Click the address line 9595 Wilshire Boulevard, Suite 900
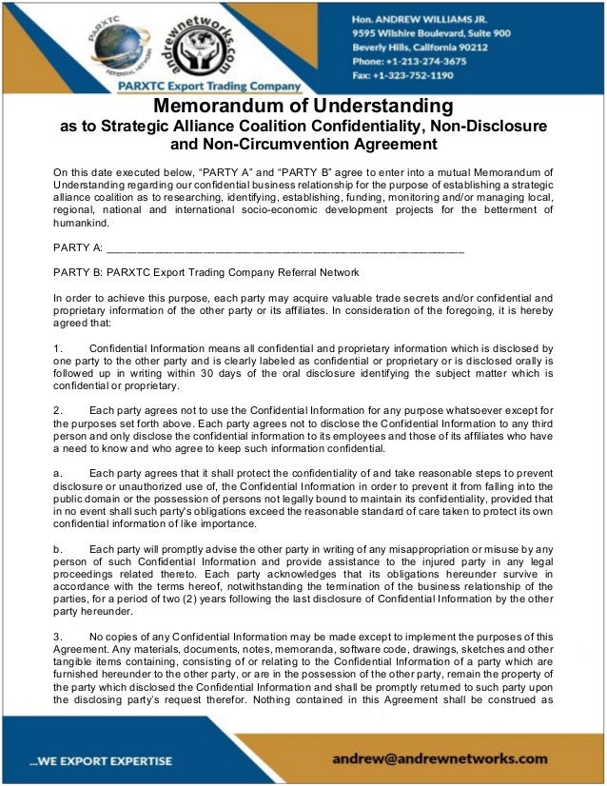pos(431,32)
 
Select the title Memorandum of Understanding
pos(303,106)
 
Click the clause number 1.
pos(58,348)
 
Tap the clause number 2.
pos(58,410)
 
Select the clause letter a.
pos(58,473)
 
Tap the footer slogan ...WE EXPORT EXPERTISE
pos(101,760)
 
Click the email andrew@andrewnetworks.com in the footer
pos(441,758)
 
